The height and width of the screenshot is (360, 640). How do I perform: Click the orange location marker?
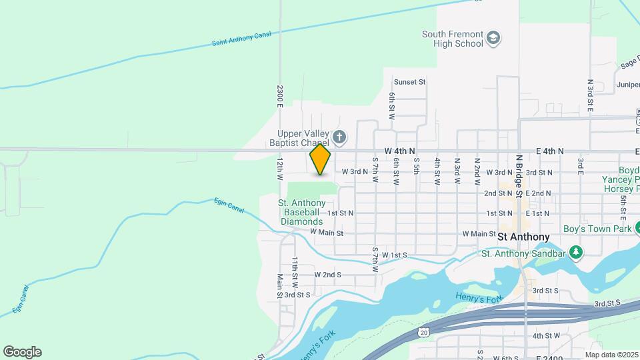320,159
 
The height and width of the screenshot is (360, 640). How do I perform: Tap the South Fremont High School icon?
493,37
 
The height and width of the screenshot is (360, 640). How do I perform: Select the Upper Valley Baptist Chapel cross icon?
339,138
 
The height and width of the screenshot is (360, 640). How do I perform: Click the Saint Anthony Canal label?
242,39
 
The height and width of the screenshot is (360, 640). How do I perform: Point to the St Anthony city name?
523,237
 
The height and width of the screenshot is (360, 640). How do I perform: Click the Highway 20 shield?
424,331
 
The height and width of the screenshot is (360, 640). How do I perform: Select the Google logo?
22,352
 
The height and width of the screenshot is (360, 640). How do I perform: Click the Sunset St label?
409,82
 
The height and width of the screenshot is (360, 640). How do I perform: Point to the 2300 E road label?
281,96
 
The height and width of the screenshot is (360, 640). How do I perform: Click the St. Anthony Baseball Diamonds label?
302,212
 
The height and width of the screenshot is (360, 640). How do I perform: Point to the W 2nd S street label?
327,275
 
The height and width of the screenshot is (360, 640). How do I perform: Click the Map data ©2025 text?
612,355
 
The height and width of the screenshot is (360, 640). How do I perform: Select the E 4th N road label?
550,151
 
